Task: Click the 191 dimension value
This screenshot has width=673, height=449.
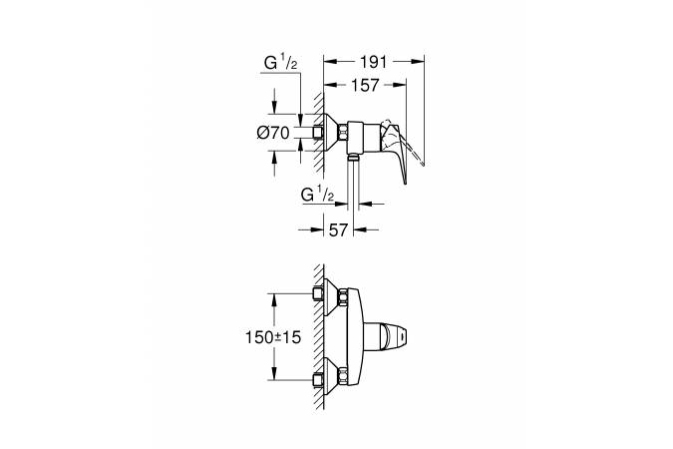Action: click(373, 62)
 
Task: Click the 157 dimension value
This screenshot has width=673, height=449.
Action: click(365, 85)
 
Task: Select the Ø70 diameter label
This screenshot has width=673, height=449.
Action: click(273, 133)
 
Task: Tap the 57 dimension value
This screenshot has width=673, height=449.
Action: click(338, 230)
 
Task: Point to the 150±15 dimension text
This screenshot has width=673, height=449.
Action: click(273, 337)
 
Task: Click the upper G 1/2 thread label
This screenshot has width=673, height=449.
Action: click(280, 64)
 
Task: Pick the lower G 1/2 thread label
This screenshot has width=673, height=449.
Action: click(318, 196)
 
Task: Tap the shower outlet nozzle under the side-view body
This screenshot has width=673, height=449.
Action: click(353, 157)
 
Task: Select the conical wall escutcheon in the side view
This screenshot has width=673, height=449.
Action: click(331, 133)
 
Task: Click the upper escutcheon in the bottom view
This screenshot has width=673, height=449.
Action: click(331, 296)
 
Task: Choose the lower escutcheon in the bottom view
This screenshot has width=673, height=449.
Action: click(331, 378)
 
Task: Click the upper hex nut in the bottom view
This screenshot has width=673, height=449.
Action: click(343, 296)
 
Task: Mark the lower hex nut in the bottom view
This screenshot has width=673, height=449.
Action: click(343, 378)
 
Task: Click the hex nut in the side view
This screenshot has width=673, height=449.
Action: click(343, 133)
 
